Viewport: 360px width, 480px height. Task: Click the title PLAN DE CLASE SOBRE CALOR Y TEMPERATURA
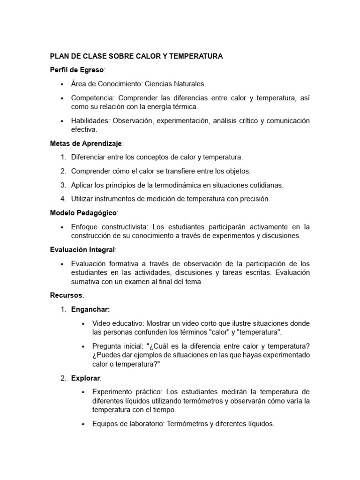(136, 56)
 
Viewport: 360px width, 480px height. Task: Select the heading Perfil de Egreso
(77, 70)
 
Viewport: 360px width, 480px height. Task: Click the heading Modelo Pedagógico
(83, 213)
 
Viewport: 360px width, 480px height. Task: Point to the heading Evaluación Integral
(82, 249)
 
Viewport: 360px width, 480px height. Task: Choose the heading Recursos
(66, 295)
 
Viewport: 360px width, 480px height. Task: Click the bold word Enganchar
(90, 309)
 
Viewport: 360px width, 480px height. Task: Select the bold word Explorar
(86, 378)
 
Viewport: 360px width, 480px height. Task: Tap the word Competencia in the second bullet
(92, 98)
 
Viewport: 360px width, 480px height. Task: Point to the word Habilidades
(91, 121)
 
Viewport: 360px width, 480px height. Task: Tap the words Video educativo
(118, 323)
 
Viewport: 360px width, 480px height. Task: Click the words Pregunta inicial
(118, 346)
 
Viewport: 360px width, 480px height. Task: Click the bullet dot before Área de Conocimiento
(62, 84)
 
